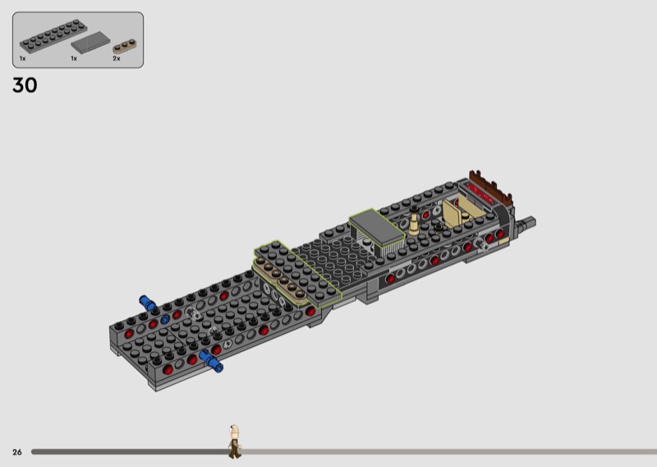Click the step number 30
25,86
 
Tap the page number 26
16,452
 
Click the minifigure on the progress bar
235,442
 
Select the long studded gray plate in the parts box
53,35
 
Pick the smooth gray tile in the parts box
90,43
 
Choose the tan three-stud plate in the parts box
125,46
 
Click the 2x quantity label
116,58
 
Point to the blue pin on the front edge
211,362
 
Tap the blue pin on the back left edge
148,303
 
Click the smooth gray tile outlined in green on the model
377,229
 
